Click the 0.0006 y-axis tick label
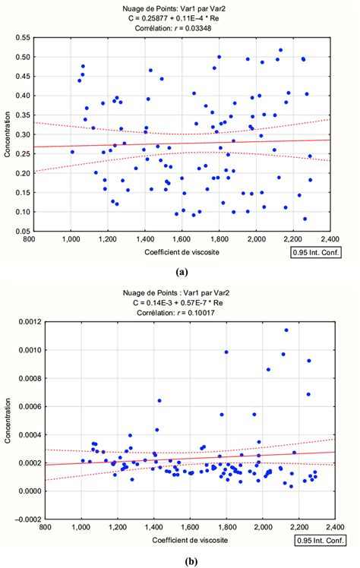pyautogui.click(x=18, y=407)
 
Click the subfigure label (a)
pyautogui.click(x=182, y=270)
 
